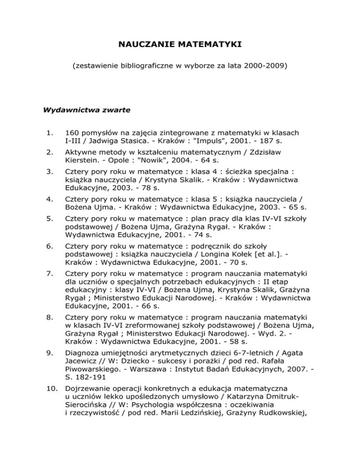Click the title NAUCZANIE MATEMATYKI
pos(180,45)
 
